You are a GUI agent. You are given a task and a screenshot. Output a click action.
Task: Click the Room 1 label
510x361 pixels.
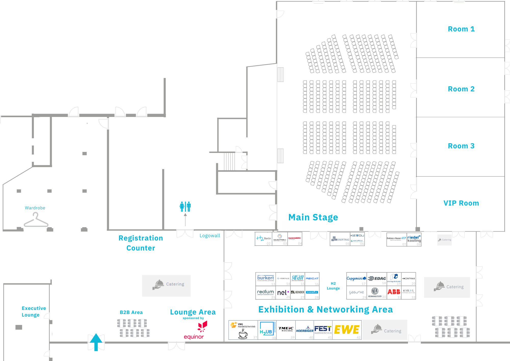461,29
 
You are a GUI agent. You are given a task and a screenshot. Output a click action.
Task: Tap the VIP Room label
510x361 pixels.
461,203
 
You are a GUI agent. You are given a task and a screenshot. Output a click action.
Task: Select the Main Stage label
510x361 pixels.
313,217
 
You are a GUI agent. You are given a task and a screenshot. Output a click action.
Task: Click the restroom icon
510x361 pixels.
185,207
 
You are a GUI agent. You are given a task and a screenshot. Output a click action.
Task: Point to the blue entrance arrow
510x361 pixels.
96,342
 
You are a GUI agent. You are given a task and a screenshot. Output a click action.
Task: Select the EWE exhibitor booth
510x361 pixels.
347,330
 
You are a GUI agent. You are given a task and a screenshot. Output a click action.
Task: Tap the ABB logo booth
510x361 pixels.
394,292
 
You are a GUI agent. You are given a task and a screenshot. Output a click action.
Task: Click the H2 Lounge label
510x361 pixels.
333,286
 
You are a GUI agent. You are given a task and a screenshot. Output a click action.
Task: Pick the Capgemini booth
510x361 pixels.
356,279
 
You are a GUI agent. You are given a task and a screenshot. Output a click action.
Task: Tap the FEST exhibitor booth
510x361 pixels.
323,330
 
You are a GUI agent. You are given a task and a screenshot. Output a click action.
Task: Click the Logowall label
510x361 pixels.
210,236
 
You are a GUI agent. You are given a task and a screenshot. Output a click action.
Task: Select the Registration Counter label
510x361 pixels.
141,243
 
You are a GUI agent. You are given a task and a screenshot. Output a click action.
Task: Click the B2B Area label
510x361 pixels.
131,312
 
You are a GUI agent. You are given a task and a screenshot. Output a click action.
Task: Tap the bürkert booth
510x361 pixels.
265,279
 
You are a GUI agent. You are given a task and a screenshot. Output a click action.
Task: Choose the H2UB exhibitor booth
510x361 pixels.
267,330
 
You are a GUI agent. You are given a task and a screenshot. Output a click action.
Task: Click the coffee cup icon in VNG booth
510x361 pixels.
243,334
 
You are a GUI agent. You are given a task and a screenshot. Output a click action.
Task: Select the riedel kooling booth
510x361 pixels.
414,239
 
